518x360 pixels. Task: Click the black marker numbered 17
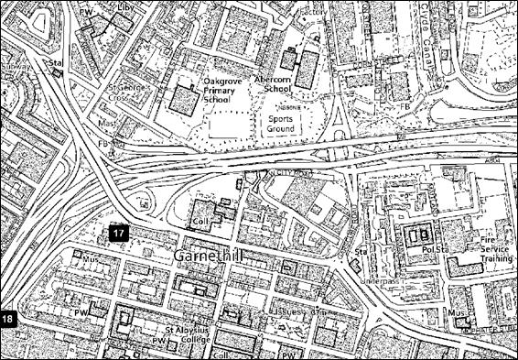119,234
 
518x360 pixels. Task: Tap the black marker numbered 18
8,319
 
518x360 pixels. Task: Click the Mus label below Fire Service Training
455,313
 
